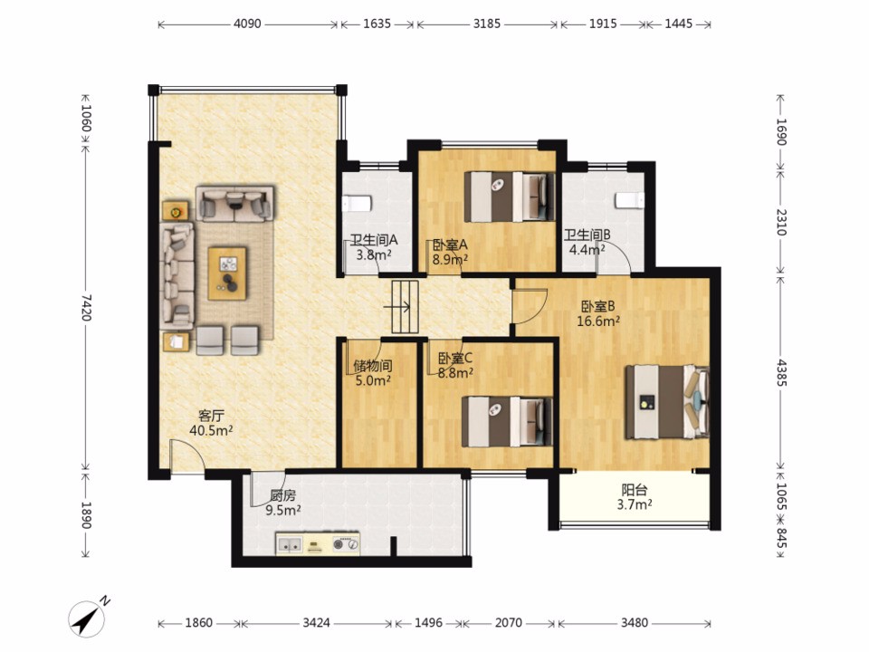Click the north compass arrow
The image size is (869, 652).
(88, 617)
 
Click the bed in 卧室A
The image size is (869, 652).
(510, 197)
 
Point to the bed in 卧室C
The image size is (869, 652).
(507, 421)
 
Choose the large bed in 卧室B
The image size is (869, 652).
(667, 402)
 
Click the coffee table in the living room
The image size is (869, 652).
(227, 273)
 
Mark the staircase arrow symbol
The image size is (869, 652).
(400, 307)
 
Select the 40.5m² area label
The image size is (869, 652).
(211, 430)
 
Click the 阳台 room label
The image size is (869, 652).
(635, 490)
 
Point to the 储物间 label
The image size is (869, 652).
(373, 366)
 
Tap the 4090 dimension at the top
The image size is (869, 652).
(247, 24)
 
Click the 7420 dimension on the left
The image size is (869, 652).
(85, 307)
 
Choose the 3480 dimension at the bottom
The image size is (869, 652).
(634, 623)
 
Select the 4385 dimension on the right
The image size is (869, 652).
(781, 372)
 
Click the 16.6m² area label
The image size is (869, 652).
(598, 321)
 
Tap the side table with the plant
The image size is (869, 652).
(175, 211)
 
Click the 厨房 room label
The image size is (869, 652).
(282, 495)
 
